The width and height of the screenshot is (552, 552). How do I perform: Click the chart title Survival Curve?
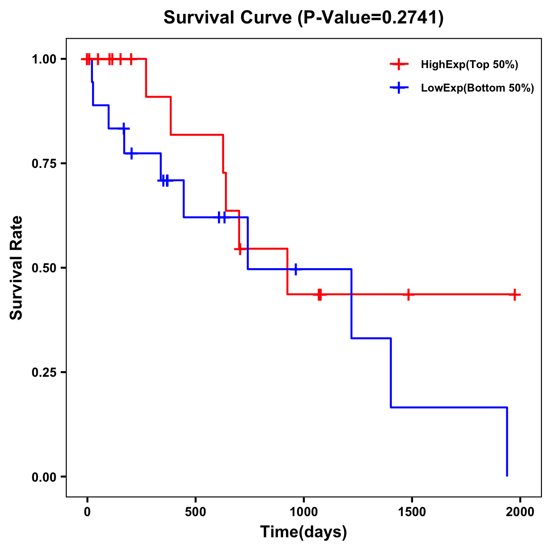[x=228, y=18]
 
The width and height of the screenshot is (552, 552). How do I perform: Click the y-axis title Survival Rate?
[x=17, y=267]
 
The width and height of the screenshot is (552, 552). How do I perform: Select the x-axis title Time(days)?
[x=304, y=532]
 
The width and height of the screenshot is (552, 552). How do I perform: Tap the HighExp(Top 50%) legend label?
[x=469, y=65]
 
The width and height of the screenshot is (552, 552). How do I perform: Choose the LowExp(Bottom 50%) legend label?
[x=477, y=88]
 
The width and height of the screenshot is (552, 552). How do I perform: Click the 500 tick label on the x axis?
[x=195, y=512]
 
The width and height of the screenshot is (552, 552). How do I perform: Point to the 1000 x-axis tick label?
[x=304, y=512]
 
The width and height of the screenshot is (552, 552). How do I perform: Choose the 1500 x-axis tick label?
[x=412, y=512]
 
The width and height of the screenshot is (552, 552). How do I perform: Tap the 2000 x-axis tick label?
[x=520, y=512]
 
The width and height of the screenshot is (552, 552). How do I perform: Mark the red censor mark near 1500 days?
[x=408, y=294]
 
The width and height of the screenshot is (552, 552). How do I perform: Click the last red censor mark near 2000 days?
[x=515, y=294]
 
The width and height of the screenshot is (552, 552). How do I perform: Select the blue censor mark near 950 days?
[x=295, y=269]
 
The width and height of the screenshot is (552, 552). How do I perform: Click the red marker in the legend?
[x=399, y=65]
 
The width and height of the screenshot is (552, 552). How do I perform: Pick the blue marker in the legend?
[x=399, y=88]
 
